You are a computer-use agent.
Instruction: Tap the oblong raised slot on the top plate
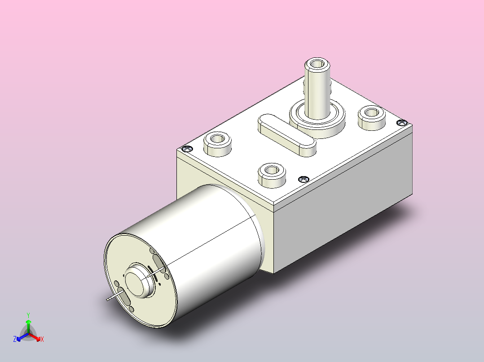(286, 134)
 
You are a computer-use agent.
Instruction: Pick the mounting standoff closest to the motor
(272, 172)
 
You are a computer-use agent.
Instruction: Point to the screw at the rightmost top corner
(402, 122)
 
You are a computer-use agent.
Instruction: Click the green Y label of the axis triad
(28, 315)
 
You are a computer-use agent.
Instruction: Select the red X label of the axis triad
(42, 339)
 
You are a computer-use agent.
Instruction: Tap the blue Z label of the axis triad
(15, 339)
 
